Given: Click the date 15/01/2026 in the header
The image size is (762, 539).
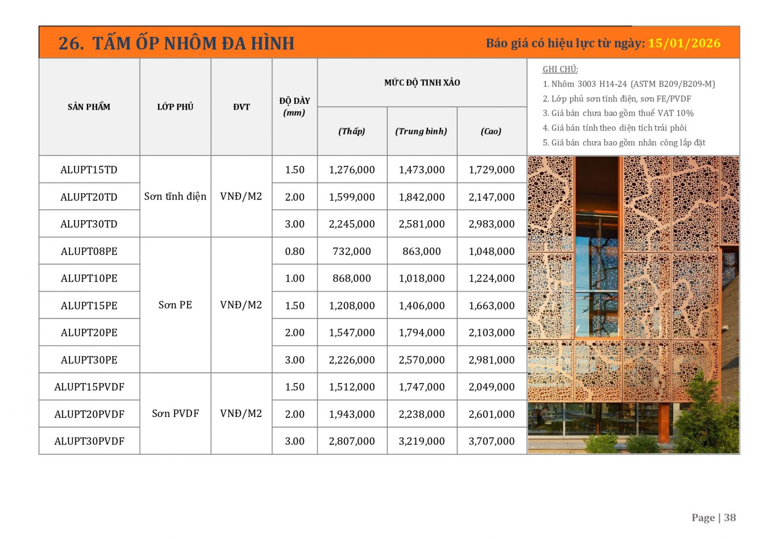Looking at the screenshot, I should click(684, 43).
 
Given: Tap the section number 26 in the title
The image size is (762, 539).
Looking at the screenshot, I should click(68, 43).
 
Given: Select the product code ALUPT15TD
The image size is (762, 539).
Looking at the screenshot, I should click(89, 170).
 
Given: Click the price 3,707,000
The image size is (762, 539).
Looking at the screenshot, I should click(491, 441).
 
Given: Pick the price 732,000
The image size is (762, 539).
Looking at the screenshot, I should click(351, 251).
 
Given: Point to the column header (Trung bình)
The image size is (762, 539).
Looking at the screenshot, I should click(421, 131).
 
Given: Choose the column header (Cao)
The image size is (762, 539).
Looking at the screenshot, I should click(491, 131).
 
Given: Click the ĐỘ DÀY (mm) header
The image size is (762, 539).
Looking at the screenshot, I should click(294, 107).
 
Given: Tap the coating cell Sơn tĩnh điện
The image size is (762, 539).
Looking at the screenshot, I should click(175, 196).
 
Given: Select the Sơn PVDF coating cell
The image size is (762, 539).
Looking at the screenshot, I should click(175, 414).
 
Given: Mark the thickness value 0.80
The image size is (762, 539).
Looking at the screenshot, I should click(294, 251).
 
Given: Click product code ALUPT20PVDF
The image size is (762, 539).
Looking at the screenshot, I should click(89, 414).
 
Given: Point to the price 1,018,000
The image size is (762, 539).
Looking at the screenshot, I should click(421, 278).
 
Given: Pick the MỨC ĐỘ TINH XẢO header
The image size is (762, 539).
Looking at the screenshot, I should click(422, 82).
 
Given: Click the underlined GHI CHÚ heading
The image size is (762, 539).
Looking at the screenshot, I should click(560, 69).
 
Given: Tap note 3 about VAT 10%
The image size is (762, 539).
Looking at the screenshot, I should click(618, 113).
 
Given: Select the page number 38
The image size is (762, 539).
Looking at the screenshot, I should click(730, 518).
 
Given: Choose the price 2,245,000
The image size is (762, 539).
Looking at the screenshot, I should click(351, 224).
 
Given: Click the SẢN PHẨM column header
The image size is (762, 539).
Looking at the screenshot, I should click(89, 107).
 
